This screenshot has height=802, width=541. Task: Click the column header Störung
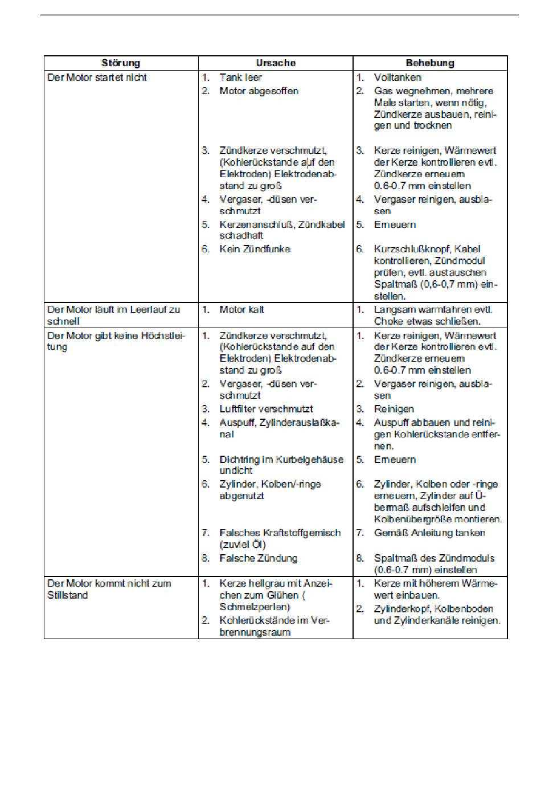[121, 63]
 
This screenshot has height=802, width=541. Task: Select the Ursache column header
[276, 63]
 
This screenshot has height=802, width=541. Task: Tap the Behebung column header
[430, 63]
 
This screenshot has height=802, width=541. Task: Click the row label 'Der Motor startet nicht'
[97, 77]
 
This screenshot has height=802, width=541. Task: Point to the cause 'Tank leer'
[240, 77]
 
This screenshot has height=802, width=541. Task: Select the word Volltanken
[397, 77]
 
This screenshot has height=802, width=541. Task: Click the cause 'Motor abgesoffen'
[259, 91]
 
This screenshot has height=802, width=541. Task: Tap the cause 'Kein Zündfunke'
[255, 249]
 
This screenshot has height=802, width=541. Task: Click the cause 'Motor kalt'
[241, 309]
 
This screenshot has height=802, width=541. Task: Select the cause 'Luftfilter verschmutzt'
[266, 409]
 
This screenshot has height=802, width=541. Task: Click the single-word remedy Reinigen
[394, 409]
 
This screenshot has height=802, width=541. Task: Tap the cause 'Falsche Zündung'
[258, 558]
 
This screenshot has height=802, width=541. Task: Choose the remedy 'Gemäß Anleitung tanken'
[429, 533]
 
